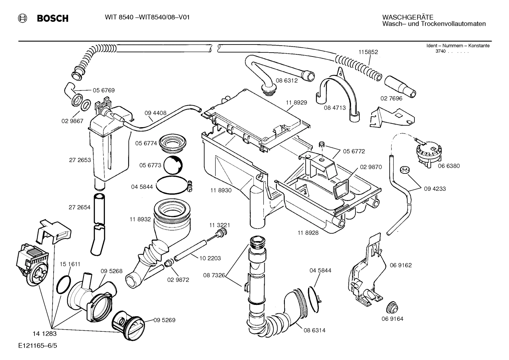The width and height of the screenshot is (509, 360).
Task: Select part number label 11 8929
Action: (297, 102)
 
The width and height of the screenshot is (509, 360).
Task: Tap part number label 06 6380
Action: (449, 166)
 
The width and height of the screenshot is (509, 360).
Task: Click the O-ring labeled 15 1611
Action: (64, 285)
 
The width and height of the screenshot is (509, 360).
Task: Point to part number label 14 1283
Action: (44, 333)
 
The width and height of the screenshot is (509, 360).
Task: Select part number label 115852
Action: (368, 52)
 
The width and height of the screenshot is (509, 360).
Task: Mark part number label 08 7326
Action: (214, 275)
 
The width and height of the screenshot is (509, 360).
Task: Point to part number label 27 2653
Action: (80, 160)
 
